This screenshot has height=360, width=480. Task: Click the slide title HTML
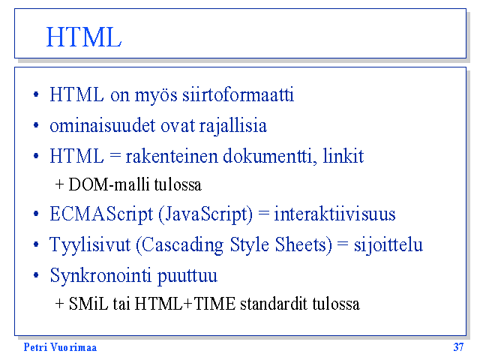click(x=84, y=37)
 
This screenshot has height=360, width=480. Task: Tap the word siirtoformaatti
click(x=238, y=94)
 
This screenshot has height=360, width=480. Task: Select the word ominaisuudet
click(x=103, y=125)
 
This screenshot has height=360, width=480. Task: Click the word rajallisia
click(x=233, y=126)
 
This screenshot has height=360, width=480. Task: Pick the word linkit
click(x=343, y=155)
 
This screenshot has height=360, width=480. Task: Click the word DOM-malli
click(x=109, y=184)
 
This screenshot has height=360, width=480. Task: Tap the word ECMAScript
click(x=101, y=214)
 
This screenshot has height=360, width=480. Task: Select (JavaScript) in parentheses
click(x=205, y=214)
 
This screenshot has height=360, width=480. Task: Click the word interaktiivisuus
click(x=334, y=214)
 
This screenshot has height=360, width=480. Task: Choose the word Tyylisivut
click(x=90, y=245)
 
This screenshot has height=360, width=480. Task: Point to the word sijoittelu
click(x=388, y=245)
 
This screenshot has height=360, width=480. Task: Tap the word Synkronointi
click(x=100, y=275)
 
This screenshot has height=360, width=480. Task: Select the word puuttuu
click(x=187, y=276)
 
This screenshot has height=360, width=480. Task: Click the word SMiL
click(x=88, y=304)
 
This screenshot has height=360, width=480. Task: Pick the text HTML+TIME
click(x=185, y=304)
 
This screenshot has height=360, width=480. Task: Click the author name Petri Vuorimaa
click(x=60, y=347)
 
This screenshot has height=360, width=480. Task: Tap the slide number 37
click(x=458, y=347)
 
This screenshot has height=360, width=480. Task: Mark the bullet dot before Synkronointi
click(x=36, y=275)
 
